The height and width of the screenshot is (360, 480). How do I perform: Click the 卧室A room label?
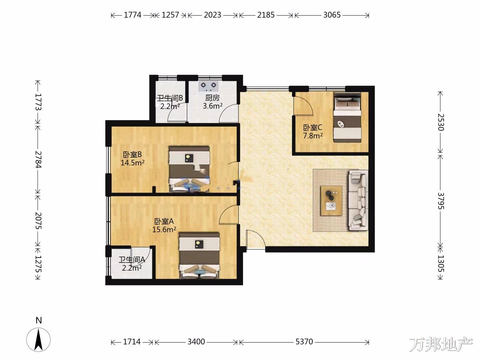click(164, 221)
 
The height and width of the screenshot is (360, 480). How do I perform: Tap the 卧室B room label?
click(133, 155)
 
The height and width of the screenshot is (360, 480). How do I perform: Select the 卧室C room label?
click(312, 127)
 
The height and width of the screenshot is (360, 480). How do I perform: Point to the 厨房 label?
click(212, 98)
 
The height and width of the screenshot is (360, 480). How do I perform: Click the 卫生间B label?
click(170, 98)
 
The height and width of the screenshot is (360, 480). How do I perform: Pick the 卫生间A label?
click(132, 260)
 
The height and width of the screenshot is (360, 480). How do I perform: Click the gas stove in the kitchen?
click(209, 86)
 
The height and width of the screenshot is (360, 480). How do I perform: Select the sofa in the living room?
click(358, 200)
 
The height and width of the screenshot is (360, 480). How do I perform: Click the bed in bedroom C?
click(347, 117)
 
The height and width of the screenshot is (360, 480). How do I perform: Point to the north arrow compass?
click(38, 340)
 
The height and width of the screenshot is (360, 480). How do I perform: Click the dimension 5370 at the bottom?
click(304, 341)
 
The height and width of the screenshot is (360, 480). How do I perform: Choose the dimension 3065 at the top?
click(332, 15)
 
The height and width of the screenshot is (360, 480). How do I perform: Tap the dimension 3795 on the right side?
click(440, 201)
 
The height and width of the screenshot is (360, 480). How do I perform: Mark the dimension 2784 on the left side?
click(38, 159)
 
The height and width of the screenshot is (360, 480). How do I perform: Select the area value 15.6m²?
click(164, 230)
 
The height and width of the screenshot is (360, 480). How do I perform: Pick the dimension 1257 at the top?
click(170, 15)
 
